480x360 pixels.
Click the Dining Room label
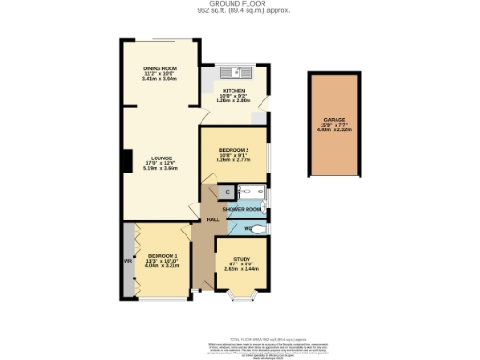pyautogui.click(x=159, y=69)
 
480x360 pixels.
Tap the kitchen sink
pyautogui.click(x=232, y=72)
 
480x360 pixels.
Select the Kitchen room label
pyautogui.click(x=233, y=92)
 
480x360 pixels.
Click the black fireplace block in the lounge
pyautogui.click(x=123, y=160)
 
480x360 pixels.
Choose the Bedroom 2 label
pyautogui.click(x=233, y=150)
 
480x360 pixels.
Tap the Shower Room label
pyautogui.click(x=241, y=209)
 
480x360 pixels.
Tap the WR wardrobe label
pyautogui.click(x=126, y=261)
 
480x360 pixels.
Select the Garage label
pyautogui.click(x=336, y=121)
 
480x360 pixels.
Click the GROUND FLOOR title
pyautogui.click(x=242, y=4)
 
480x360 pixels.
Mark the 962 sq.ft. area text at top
pyautogui.click(x=242, y=11)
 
